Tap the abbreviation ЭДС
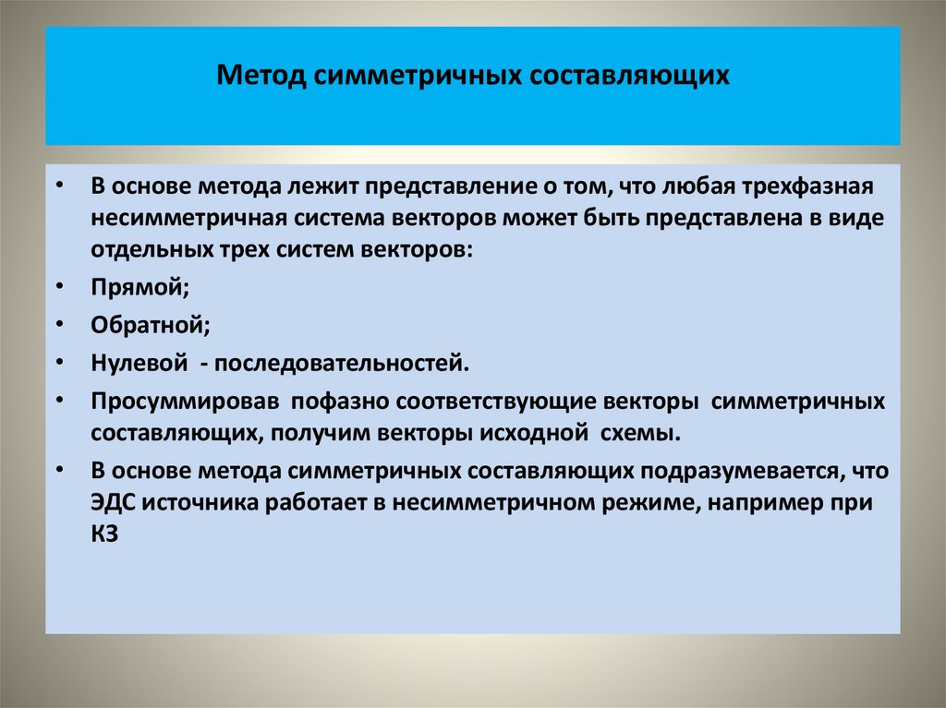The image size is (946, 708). [x=112, y=506]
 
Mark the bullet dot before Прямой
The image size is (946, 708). [x=59, y=288]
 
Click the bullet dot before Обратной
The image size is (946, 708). [x=59, y=325]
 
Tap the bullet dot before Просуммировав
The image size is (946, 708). [x=59, y=402]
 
